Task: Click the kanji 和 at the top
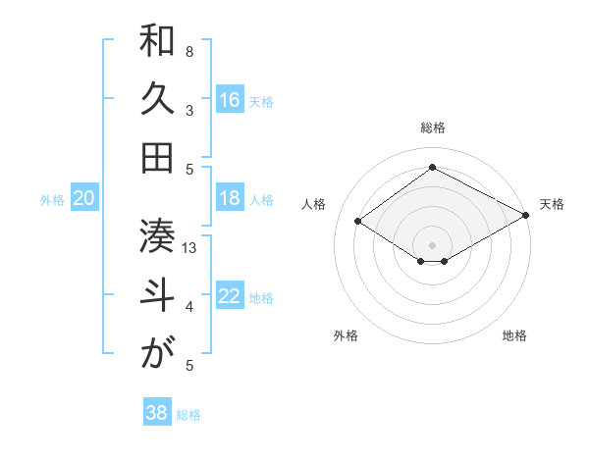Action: tap(157, 40)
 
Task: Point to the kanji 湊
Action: tap(157, 235)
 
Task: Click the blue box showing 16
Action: tap(230, 99)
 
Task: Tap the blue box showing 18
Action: tap(230, 198)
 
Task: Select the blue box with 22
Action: tap(230, 297)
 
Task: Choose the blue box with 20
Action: tap(83, 198)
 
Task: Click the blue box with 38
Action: tap(156, 413)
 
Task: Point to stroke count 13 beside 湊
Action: tap(190, 248)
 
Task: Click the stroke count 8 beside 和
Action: tap(189, 51)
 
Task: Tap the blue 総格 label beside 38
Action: tap(189, 415)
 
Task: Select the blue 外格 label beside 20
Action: tap(52, 200)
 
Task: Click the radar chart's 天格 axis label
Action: tap(552, 204)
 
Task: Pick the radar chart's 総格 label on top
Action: tap(433, 128)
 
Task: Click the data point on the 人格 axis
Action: tap(358, 222)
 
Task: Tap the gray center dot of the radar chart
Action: tap(432, 244)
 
